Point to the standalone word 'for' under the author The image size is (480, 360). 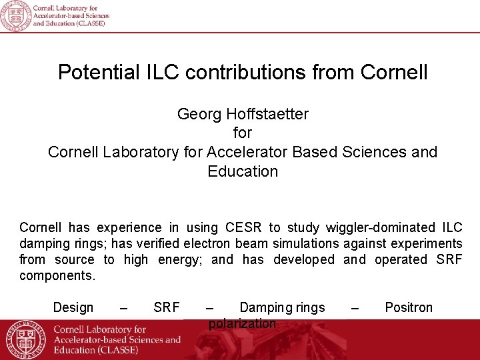point(243,133)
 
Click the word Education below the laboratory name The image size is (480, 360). point(243,171)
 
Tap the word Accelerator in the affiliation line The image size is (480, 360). point(247,152)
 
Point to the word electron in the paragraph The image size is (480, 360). point(207,244)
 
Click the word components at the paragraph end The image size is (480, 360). point(57,275)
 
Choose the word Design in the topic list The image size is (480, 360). point(73,307)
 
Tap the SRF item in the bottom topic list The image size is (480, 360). point(167,307)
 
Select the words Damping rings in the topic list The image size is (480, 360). point(282,307)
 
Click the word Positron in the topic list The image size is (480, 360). point(409,307)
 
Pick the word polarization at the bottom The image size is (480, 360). point(242,324)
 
